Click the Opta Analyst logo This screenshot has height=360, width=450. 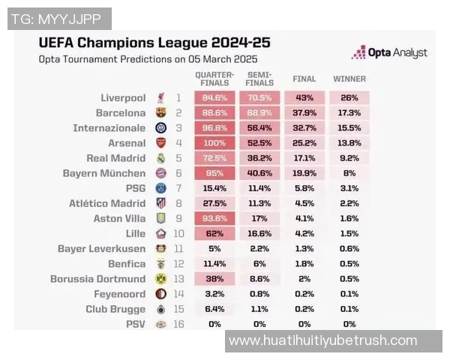coord(389,52)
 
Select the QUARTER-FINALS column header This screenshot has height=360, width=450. coord(214,79)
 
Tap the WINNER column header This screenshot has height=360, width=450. coord(349,79)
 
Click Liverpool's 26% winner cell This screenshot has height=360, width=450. coord(349,97)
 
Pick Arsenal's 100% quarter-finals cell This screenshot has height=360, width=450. coord(214,142)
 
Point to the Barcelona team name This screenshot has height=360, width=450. coord(121,112)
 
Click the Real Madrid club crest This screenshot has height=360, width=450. coord(160,158)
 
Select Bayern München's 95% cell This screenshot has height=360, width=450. coord(214,173)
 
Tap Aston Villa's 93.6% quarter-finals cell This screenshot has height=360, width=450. coord(214,218)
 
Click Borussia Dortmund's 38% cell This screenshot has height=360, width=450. coord(214,279)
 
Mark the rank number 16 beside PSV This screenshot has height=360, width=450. coord(178,324)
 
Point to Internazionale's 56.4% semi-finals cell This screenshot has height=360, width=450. coord(259,127)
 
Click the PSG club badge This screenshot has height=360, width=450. coord(160,188)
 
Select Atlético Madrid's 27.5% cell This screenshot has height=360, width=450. coord(214,203)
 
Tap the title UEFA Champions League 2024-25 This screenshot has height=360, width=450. coord(154,42)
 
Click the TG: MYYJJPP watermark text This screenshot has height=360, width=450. coord(58,19)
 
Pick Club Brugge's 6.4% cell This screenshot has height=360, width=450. coord(214,309)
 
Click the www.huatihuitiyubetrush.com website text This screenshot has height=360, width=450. coord(322,340)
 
